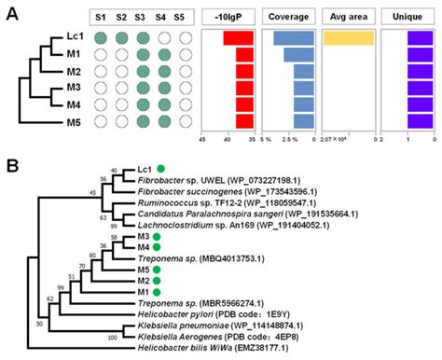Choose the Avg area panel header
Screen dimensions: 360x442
point(348,17)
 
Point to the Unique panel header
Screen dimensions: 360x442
point(407,17)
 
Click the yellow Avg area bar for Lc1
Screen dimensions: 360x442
point(349,38)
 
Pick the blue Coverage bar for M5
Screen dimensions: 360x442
point(304,121)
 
